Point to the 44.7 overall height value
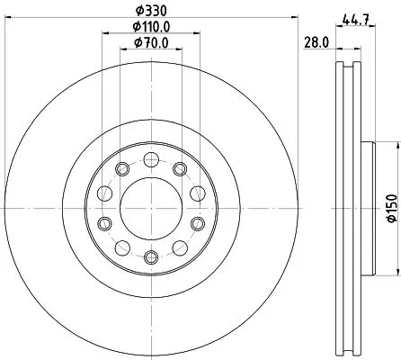pos(356,15)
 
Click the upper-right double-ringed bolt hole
pos(178,168)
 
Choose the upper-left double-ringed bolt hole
pos(120,168)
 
